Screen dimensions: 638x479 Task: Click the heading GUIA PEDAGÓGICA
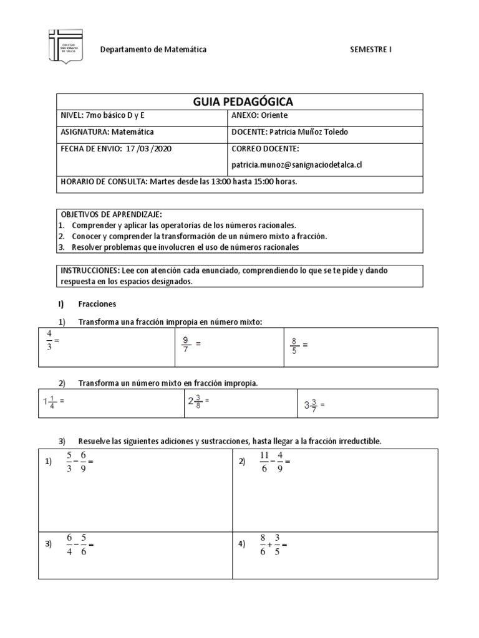240,102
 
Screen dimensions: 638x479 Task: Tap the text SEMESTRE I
372,49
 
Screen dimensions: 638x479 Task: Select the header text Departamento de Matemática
154,49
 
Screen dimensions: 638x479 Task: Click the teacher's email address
297,165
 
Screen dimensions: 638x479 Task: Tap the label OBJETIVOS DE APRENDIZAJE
111,214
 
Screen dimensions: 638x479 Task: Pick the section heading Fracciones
97,304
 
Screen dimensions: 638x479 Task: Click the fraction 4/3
49,341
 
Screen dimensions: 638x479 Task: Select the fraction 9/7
186,344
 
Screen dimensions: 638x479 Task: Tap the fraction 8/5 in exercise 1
294,345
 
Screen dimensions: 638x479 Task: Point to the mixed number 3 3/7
311,405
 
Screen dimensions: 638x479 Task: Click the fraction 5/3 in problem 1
69,462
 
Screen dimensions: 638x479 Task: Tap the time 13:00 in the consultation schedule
216,182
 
